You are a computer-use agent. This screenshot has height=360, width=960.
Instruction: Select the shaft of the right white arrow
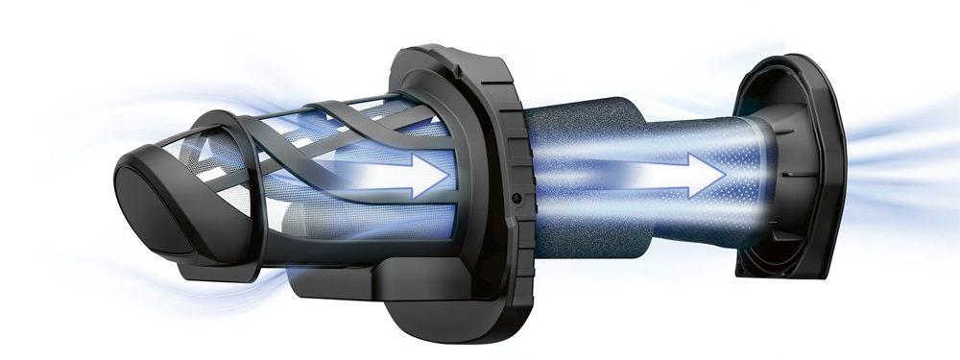click(x=624, y=176)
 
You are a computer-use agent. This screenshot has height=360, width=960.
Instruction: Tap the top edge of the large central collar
click(x=451, y=53)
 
